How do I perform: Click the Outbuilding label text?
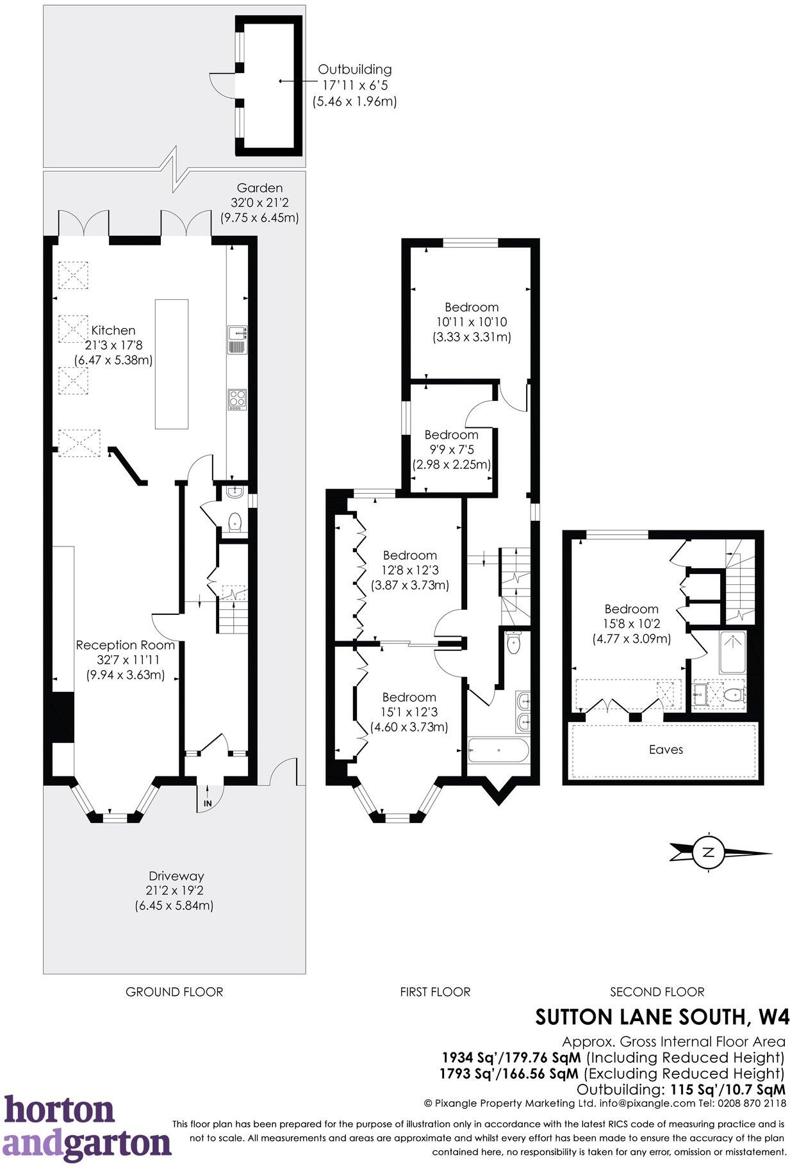click(x=354, y=69)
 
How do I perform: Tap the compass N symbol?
click(x=708, y=852)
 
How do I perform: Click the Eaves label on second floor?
click(x=666, y=749)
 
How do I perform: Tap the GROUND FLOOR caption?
click(x=174, y=992)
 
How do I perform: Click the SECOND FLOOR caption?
click(x=657, y=992)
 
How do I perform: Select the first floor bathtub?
click(x=498, y=750)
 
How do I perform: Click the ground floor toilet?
click(x=235, y=522)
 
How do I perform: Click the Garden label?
click(x=259, y=188)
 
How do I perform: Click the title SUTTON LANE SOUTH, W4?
click(x=662, y=1017)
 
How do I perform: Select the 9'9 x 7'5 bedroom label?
click(x=451, y=450)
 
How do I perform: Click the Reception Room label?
click(x=125, y=645)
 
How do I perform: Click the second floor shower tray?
click(x=731, y=651)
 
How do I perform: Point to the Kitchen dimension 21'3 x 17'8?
click(x=113, y=345)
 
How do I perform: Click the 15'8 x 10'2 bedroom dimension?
click(x=631, y=624)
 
